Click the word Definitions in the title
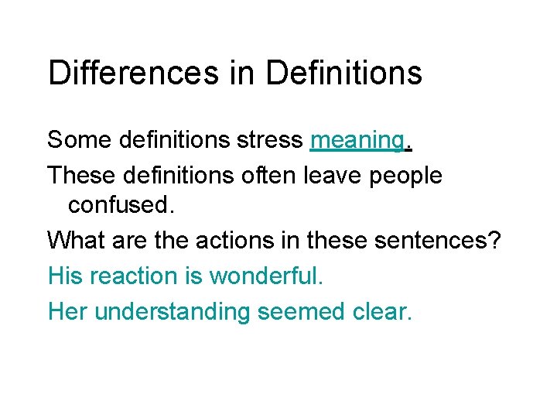pos(343,73)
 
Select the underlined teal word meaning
pos(356,140)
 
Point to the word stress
pos(267,140)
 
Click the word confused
pos(118,206)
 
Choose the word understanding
pos(172,312)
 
